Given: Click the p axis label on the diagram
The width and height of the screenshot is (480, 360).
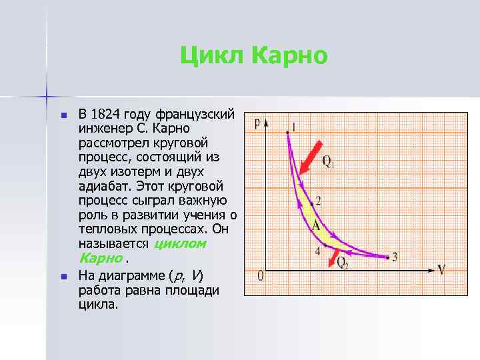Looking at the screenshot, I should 257,123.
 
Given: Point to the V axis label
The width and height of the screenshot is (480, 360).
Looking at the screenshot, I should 441,269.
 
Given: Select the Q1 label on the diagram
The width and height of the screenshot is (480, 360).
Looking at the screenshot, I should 329,161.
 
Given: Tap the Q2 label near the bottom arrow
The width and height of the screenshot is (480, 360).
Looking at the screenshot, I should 343,263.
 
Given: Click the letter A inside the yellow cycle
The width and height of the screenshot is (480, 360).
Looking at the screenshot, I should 316,227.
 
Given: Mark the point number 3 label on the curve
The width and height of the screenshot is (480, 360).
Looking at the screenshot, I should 395,257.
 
